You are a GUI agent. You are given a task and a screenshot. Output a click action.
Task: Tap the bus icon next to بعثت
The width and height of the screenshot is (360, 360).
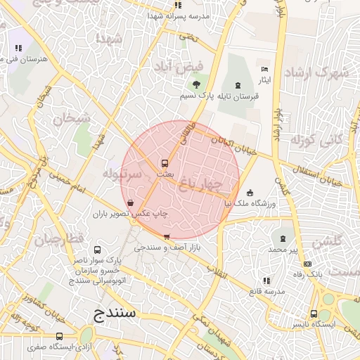point(165,162)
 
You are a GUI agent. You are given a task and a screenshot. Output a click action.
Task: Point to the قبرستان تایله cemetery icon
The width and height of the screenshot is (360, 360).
point(236,85)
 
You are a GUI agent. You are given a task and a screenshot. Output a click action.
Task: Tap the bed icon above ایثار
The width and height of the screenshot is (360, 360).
point(264,69)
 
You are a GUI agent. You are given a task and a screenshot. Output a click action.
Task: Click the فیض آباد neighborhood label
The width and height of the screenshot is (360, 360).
point(179,67)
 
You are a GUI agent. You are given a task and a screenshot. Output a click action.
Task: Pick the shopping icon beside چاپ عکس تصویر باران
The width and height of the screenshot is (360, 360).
point(131,202)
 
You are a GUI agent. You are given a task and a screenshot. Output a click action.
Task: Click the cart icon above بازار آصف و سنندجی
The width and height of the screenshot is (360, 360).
point(167,237)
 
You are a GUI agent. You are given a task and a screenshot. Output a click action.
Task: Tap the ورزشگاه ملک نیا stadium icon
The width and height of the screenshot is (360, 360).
point(250,193)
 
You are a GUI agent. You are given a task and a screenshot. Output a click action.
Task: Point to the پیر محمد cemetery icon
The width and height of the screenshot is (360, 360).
point(283,239)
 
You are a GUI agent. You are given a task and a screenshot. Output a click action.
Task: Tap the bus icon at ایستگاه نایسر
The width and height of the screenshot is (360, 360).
point(326,314)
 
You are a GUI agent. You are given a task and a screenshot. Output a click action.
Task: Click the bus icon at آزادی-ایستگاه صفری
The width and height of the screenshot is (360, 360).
point(60,336)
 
